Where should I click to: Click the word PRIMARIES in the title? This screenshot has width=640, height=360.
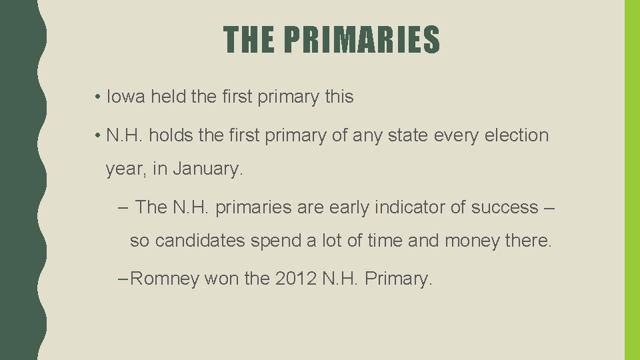click(361, 39)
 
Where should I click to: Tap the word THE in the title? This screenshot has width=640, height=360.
click(249, 39)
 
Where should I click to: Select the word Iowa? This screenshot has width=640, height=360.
click(125, 97)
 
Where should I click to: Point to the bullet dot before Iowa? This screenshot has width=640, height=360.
click(97, 97)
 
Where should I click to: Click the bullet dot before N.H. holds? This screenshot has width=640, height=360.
click(97, 136)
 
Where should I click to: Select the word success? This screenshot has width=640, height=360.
click(504, 207)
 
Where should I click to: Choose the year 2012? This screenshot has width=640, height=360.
click(295, 279)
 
